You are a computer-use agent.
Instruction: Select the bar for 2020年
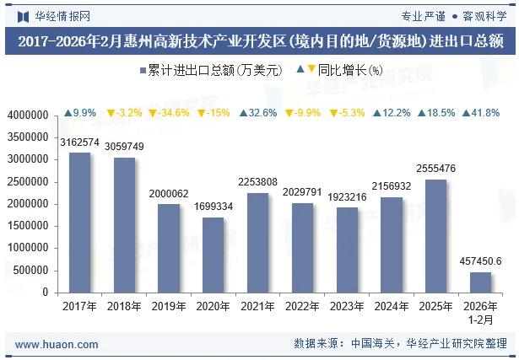point(213,255)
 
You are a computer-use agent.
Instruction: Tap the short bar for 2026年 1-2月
point(480,282)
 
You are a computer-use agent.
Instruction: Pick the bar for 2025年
point(435,235)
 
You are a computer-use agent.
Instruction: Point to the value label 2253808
point(257,181)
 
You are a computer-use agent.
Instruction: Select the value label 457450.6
point(480,261)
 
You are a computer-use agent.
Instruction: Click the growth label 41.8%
point(480,113)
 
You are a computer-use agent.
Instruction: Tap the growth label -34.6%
point(169,113)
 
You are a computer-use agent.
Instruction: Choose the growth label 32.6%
point(257,113)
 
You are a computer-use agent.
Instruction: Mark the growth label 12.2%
point(391,113)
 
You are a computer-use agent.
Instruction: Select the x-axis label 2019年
point(169,306)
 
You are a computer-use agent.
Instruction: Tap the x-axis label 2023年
point(347,306)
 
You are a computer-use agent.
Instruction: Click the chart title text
point(259,40)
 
